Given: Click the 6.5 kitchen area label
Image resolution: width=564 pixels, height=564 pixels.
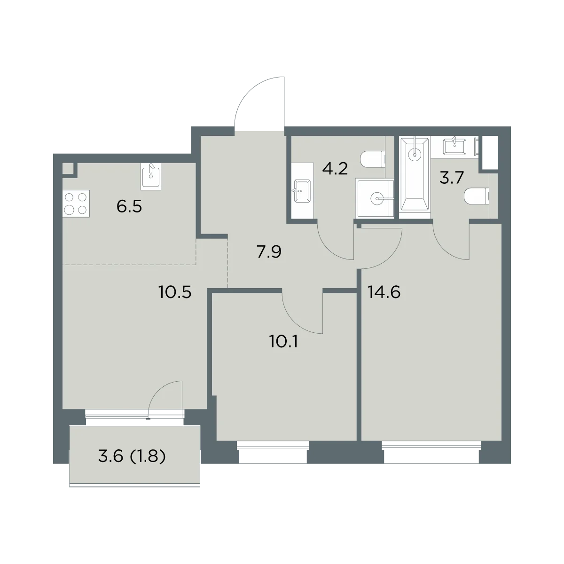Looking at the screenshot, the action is click(129, 207).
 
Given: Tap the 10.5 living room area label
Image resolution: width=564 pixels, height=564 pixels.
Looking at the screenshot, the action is click(175, 292).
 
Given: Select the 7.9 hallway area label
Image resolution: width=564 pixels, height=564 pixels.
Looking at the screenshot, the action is click(269, 252).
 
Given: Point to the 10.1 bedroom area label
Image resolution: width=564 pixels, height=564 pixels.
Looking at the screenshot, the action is click(283, 342).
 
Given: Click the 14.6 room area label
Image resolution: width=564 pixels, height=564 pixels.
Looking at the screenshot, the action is click(384, 292).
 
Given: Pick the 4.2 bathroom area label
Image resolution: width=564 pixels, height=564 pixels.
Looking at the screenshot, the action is click(335, 169).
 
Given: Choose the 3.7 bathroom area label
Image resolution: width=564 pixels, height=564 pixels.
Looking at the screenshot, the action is click(452, 178).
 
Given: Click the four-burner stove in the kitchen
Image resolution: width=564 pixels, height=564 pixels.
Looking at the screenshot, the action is click(76, 204).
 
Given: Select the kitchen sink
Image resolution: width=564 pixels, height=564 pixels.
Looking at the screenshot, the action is click(151, 177).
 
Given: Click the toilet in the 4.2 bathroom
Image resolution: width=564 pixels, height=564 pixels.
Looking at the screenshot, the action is click(373, 159).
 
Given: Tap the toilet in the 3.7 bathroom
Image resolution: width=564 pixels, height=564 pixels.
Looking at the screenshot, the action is click(477, 196).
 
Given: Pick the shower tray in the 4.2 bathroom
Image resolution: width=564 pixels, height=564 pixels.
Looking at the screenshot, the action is click(375, 199).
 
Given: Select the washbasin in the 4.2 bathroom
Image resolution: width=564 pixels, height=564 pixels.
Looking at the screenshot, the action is click(302, 191).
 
